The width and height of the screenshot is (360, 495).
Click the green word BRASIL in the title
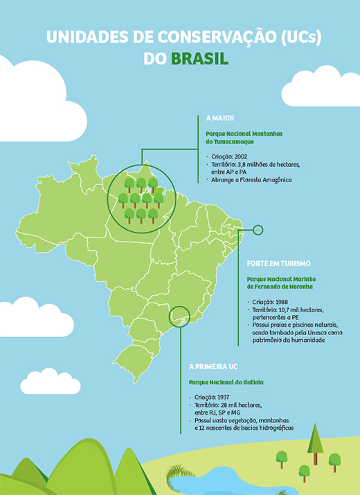click(199, 59)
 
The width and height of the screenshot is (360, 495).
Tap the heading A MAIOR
click(220, 118)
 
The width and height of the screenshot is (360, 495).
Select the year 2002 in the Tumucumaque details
click(241, 156)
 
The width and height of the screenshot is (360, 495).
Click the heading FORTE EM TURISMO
click(279, 263)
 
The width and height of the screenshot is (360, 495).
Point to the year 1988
click(281, 302)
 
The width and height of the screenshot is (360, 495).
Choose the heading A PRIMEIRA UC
click(213, 367)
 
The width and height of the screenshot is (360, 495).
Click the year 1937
click(223, 397)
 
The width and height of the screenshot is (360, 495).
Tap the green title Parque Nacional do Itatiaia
click(226, 382)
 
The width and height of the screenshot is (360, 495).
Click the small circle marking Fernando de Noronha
click(258, 230)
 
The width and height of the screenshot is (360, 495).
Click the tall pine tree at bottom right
click(315, 444)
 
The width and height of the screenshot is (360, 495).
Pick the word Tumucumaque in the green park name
click(234, 142)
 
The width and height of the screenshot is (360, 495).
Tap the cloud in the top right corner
click(321, 86)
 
